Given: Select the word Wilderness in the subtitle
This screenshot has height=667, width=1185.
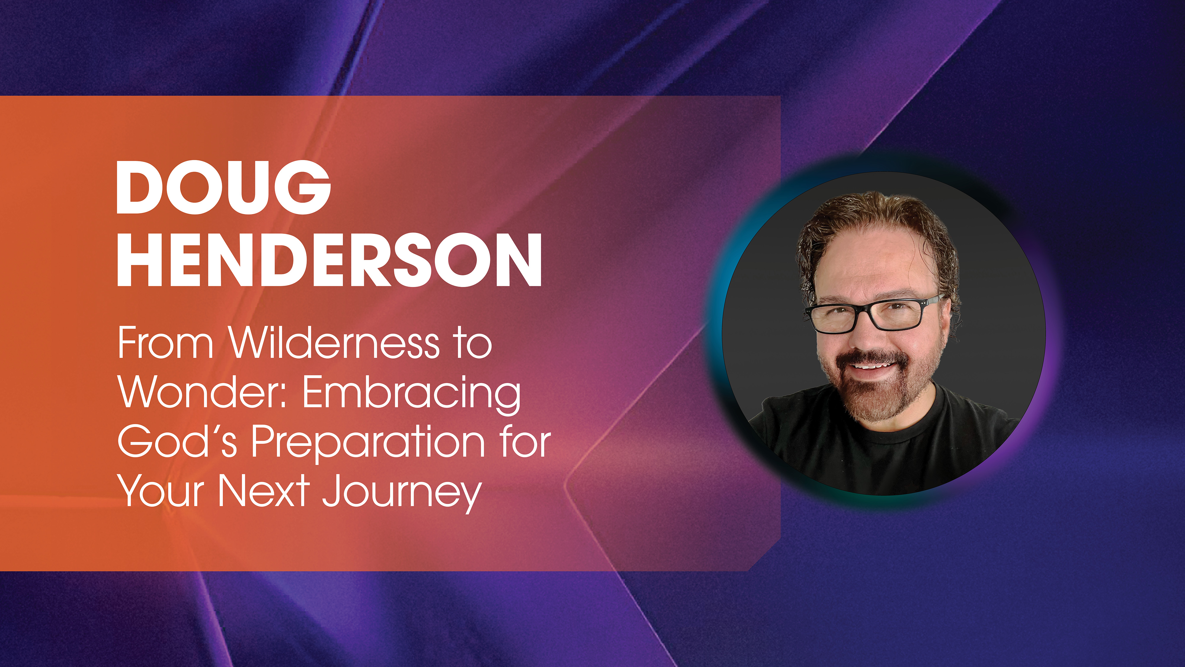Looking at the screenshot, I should [334, 343].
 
